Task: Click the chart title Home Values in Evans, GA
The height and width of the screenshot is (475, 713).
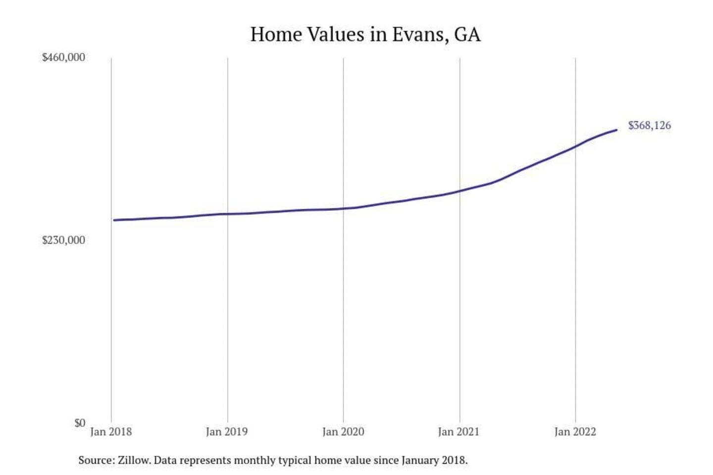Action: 365,35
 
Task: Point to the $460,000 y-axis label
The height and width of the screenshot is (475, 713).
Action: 63,57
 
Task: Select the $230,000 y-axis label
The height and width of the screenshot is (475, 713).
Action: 63,240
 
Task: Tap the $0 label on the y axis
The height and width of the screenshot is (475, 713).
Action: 80,423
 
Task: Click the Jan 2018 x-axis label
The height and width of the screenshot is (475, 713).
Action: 111,432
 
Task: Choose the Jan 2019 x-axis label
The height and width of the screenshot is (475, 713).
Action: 227,432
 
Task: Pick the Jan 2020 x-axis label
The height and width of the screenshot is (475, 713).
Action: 343,432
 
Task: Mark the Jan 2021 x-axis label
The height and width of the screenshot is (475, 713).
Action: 458,432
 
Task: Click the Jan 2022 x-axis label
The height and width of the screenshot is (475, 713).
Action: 575,432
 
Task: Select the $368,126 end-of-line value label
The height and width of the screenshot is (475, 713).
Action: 649,126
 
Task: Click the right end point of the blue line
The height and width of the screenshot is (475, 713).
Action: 616,130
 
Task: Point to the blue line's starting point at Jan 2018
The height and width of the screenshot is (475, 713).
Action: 114,220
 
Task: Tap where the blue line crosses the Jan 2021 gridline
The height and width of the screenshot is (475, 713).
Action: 459,191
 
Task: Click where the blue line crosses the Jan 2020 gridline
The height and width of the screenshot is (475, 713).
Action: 344,208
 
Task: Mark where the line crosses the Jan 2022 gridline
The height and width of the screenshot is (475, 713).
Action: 575,146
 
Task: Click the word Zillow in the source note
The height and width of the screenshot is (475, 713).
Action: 134,461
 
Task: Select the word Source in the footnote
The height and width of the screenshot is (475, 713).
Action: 96,461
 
